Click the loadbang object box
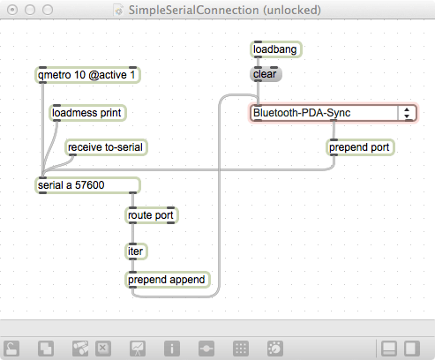(276, 49)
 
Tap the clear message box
(266, 74)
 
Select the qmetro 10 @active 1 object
(87, 75)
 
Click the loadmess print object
(87, 113)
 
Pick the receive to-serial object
(106, 147)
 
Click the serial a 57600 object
(87, 185)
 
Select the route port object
(152, 215)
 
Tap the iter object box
(136, 251)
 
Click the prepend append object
(168, 280)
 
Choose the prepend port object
(360, 147)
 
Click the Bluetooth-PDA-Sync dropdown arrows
(407, 113)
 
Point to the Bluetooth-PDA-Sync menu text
(302, 113)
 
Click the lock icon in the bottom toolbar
(11, 349)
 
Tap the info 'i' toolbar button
(172, 349)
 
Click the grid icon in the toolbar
(241, 349)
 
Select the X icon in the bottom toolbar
(103, 349)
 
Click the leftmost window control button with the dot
(12, 10)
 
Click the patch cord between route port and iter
(132, 233)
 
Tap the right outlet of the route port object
(170, 222)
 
